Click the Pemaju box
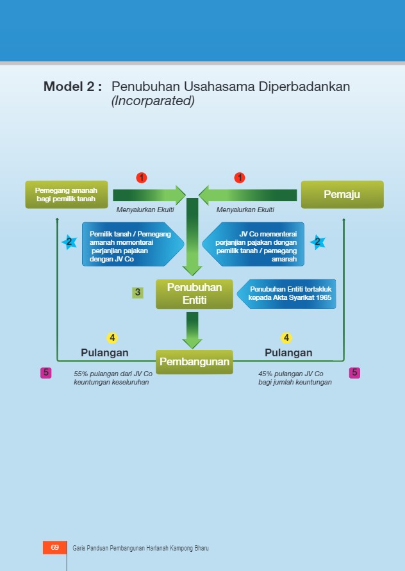click(342, 194)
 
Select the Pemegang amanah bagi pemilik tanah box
click(66, 194)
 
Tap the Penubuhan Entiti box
click(194, 294)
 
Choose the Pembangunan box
click(194, 361)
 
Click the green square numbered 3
click(138, 293)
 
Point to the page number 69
click(54, 547)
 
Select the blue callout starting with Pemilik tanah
click(131, 244)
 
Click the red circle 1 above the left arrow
click(142, 178)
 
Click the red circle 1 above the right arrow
click(240, 178)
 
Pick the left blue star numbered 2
click(69, 242)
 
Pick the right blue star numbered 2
click(317, 242)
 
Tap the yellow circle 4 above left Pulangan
click(112, 338)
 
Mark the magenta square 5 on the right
click(354, 372)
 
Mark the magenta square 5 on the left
click(46, 372)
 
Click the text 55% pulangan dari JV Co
click(113, 374)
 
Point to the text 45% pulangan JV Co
click(290, 374)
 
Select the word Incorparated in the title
click(153, 101)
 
